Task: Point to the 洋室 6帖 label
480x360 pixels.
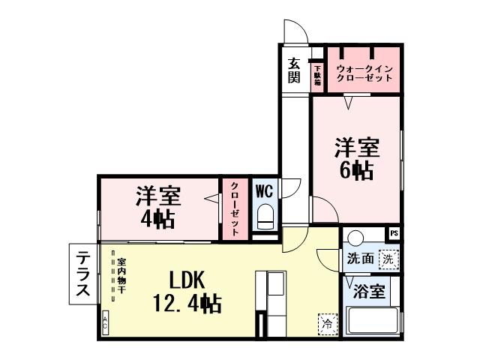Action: tap(356, 158)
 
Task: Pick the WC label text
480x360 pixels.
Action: tap(264, 190)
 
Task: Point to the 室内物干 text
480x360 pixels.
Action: tap(121, 276)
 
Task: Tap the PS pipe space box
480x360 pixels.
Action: tap(394, 234)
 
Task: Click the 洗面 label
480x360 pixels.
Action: tap(360, 259)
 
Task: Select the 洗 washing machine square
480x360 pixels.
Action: tap(387, 259)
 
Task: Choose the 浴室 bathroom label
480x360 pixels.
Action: tap(371, 291)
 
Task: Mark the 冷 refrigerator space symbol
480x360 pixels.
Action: tap(328, 323)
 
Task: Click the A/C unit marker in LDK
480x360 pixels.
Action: tap(105, 322)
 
